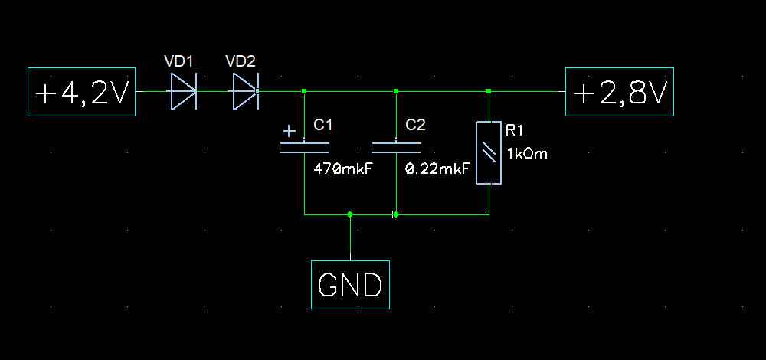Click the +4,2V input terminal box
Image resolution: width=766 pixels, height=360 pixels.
click(x=81, y=92)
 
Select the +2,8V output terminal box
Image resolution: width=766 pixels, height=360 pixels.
click(x=620, y=92)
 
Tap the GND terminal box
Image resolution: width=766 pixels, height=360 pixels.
click(x=350, y=285)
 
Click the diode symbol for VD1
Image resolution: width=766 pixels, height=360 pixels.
click(x=182, y=91)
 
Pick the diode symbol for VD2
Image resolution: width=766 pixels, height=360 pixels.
click(x=244, y=91)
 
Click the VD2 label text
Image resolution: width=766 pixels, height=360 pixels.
click(x=241, y=61)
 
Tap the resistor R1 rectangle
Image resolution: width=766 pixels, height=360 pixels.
click(x=489, y=152)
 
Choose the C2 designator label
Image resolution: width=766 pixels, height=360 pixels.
click(x=415, y=124)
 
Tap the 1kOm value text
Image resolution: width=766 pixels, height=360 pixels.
click(x=527, y=153)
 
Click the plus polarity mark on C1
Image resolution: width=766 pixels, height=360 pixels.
click(x=289, y=132)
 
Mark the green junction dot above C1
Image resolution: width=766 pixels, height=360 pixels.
click(x=304, y=91)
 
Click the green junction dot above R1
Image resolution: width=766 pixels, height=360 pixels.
click(x=489, y=91)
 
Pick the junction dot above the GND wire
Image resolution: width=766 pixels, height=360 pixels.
click(x=350, y=214)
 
